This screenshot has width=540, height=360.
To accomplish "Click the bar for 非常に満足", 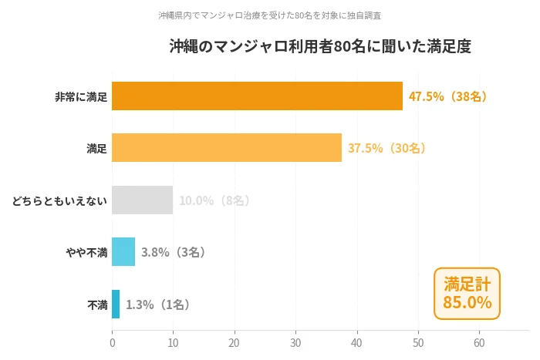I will pyautogui.click(x=257, y=96).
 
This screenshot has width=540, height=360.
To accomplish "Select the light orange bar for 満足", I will pyautogui.click(x=227, y=148).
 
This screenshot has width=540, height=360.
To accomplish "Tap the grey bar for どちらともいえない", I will pyautogui.click(x=142, y=200).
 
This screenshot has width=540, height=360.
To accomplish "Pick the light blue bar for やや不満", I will pyautogui.click(x=123, y=252).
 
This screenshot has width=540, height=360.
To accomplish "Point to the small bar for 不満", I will pyautogui.click(x=116, y=304).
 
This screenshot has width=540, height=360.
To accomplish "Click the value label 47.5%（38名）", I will pyautogui.click(x=448, y=96).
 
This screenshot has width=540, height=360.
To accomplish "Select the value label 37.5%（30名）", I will pyautogui.click(x=387, y=148).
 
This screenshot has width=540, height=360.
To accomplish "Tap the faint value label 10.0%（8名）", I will pyautogui.click(x=215, y=200).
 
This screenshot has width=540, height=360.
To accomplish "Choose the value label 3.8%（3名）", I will pyautogui.click(x=174, y=252).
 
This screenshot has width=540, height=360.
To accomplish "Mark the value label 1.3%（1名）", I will pyautogui.click(x=158, y=304).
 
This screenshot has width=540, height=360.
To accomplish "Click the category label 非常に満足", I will pyautogui.click(x=80, y=97).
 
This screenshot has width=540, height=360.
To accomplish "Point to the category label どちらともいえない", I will pyautogui.click(x=59, y=201).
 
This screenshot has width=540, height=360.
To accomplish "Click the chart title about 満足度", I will pyautogui.click(x=320, y=47).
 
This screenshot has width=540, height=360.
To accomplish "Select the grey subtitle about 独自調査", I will pyautogui.click(x=269, y=15).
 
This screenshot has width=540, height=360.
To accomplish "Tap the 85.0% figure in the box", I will pyautogui.click(x=467, y=303).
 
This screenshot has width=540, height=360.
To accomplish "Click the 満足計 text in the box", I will pyautogui.click(x=467, y=283).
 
